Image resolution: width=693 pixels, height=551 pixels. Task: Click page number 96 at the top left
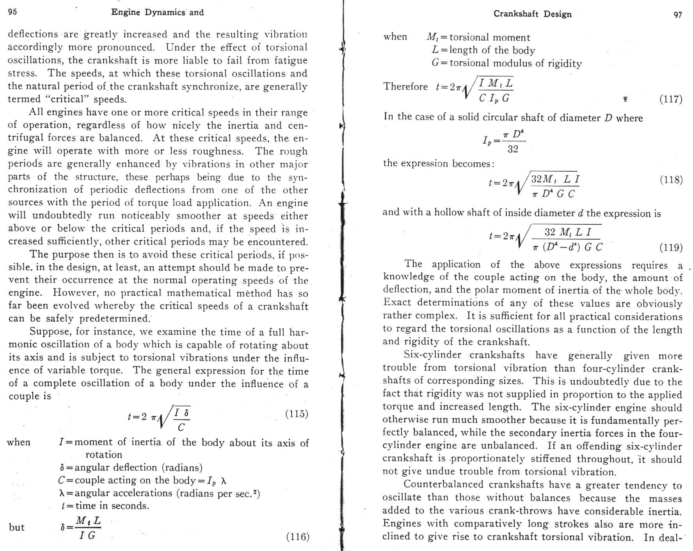pyautogui.click(x=12, y=12)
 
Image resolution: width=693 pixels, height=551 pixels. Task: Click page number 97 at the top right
pyautogui.click(x=678, y=15)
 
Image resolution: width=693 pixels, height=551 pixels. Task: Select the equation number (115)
pyautogui.click(x=297, y=414)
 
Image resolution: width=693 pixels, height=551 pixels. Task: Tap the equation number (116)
pyautogui.click(x=298, y=537)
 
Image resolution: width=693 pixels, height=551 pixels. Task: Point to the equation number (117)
pyautogui.click(x=671, y=99)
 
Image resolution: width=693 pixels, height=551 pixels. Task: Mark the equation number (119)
pyautogui.click(x=671, y=247)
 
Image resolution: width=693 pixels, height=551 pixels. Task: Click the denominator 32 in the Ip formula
pyautogui.click(x=513, y=149)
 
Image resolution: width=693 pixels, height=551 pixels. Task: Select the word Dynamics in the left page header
pyautogui.click(x=165, y=12)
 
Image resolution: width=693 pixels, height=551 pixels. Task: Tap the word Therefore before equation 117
pyautogui.click(x=405, y=86)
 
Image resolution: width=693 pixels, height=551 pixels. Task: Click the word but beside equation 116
pyautogui.click(x=16, y=528)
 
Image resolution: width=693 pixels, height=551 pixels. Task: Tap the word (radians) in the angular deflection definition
pyautogui.click(x=182, y=467)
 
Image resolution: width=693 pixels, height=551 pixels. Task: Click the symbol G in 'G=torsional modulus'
pyautogui.click(x=436, y=63)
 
